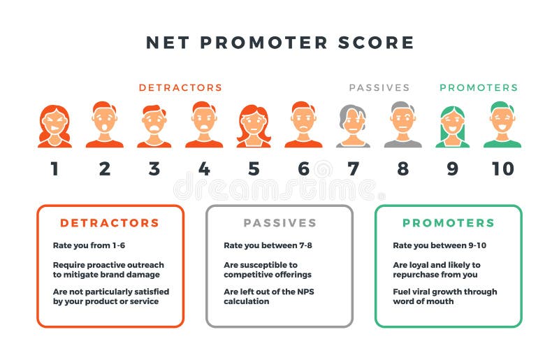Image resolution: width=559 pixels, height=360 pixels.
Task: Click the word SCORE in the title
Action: (380, 43)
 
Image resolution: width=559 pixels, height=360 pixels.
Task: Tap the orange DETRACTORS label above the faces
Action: (180, 88)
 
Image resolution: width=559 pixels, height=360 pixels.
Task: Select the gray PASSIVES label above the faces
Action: (379, 88)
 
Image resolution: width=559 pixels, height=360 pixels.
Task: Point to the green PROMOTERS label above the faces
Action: (479, 88)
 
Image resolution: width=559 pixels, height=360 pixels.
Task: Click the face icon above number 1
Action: (55, 126)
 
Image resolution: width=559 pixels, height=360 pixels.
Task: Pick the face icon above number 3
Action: (154, 126)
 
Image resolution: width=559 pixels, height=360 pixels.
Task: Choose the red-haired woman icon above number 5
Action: (254, 126)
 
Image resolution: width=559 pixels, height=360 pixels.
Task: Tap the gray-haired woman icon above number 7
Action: (353, 126)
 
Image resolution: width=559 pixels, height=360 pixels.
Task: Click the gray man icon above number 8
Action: (402, 126)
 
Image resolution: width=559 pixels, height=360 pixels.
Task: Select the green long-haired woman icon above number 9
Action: (452, 126)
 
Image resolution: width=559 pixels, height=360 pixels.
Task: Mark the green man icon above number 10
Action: (502, 126)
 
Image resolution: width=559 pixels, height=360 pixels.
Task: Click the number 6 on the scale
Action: (303, 169)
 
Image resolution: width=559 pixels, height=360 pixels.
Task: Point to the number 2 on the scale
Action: (105, 169)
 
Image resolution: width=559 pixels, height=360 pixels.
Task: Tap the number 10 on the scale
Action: (502, 169)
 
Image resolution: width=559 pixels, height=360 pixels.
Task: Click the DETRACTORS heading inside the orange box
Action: (110, 224)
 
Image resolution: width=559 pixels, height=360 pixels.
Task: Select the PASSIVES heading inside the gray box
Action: (279, 224)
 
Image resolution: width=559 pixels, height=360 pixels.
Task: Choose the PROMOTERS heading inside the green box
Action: (448, 224)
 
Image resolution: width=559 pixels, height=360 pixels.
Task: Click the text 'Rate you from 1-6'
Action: (89, 246)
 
